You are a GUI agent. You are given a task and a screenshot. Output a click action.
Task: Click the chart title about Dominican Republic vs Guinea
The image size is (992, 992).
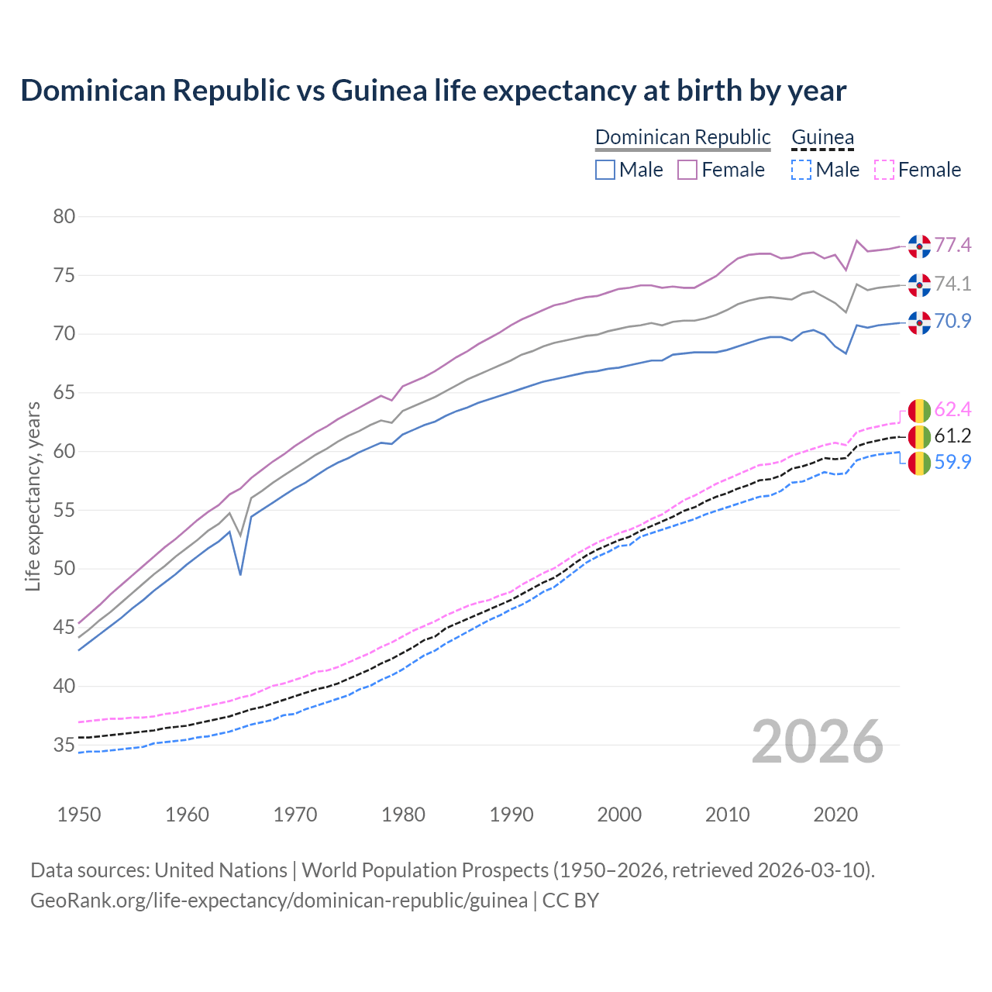tap(433, 91)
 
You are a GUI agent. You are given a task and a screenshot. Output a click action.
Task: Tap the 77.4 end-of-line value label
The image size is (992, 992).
tap(952, 246)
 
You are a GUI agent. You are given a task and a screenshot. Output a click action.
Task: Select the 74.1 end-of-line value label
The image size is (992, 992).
tap(952, 284)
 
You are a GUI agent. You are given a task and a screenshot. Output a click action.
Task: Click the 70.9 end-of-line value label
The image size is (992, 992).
tap(952, 321)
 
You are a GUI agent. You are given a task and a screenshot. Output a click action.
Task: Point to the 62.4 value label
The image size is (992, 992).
tap(952, 409)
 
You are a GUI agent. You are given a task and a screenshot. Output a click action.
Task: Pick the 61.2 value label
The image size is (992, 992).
tap(952, 436)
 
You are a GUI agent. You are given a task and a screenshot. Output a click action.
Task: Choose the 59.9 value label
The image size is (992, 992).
tap(952, 463)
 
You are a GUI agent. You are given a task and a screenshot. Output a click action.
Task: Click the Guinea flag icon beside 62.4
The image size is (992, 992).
tap(919, 410)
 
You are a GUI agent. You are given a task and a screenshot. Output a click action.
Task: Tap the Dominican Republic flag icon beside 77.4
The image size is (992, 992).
tap(919, 246)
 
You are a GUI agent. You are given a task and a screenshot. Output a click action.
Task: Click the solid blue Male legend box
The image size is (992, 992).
tap(605, 170)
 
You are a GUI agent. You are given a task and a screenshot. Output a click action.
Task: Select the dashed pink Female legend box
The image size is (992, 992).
tap(884, 170)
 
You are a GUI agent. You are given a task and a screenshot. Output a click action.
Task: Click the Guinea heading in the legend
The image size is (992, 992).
tap(822, 137)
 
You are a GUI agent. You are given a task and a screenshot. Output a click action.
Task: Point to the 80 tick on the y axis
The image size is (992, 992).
tap(64, 216)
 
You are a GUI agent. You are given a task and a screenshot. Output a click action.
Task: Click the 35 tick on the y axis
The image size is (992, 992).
tap(64, 746)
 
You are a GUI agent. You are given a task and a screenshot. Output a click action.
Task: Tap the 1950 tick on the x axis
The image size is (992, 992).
tap(79, 815)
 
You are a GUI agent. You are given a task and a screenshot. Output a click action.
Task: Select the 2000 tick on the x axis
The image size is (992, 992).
tap(619, 815)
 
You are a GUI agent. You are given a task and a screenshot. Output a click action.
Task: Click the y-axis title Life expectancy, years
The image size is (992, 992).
tap(33, 496)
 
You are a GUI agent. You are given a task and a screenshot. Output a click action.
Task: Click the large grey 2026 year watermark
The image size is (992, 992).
tap(818, 742)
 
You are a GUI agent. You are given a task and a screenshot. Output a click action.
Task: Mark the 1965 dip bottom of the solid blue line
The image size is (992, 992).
tap(240, 574)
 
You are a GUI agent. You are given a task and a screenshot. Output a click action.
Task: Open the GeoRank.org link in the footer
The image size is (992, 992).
tap(279, 901)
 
